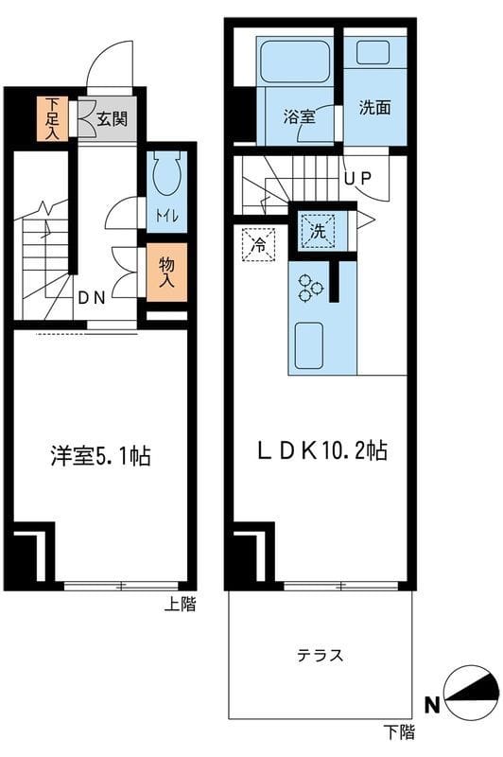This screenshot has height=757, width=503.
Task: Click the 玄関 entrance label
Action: [x=112, y=119]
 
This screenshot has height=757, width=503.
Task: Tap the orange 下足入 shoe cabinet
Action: [x=53, y=119]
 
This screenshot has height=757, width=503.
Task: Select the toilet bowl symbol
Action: [x=166, y=174]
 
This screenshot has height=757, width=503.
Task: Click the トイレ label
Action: [x=166, y=216]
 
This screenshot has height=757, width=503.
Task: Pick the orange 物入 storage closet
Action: [x=166, y=273]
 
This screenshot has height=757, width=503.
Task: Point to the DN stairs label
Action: [x=92, y=298]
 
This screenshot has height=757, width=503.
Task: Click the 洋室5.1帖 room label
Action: [x=101, y=456]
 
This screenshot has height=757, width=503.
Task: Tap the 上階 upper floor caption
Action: [x=181, y=604]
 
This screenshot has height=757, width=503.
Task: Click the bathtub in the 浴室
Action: [x=295, y=62]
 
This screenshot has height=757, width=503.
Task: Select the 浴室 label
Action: [x=300, y=116]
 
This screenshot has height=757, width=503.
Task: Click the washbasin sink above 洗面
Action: [x=373, y=53]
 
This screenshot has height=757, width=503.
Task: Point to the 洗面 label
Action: [x=374, y=107]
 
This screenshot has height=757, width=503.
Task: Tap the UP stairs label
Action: [x=357, y=179]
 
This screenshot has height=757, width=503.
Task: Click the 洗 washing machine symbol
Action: [x=318, y=231]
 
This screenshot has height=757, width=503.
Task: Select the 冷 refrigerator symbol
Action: [x=258, y=245]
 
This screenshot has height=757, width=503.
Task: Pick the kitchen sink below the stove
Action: [x=308, y=345]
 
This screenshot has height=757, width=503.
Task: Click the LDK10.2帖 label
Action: [x=322, y=451]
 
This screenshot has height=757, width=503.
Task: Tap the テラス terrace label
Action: [x=320, y=655]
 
